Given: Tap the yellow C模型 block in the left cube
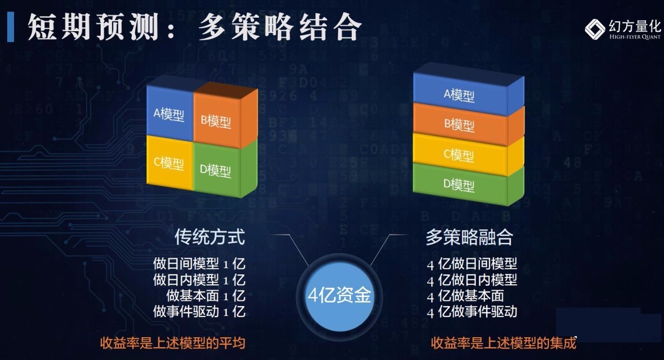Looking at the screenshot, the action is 170,162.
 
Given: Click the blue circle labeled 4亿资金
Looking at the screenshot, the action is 339,296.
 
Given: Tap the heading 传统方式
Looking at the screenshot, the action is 210,237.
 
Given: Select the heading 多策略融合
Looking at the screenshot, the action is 469,237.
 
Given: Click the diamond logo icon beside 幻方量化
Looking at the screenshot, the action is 595,29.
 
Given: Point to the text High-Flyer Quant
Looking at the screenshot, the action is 635,37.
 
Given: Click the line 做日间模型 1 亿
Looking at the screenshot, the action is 199,264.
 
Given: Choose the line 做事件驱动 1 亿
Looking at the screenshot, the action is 199,312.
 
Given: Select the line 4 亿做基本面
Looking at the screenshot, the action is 465,296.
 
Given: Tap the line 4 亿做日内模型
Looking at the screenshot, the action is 472,280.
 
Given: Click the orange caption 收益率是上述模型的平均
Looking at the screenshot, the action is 173,343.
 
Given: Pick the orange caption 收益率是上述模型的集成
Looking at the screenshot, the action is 503,343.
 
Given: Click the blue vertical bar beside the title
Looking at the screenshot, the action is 11,27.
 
